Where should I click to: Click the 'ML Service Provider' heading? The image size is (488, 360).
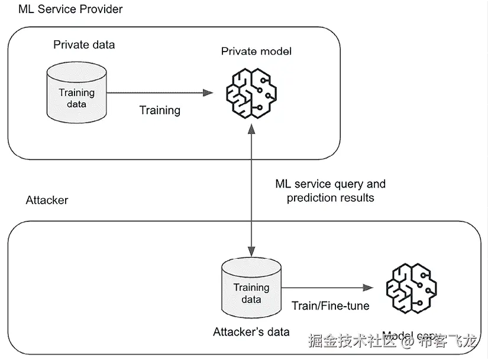pyautogui.click(x=70, y=9)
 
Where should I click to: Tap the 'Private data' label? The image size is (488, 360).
pyautogui.click(x=84, y=44)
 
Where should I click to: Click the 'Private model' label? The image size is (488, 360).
pyautogui.click(x=256, y=51)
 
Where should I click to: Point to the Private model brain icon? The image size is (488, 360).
pyautogui.click(x=252, y=92)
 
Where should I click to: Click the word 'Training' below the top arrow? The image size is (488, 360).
pyautogui.click(x=160, y=110)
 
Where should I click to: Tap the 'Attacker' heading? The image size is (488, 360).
pyautogui.click(x=47, y=200)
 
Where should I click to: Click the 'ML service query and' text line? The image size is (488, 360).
pyautogui.click(x=330, y=184)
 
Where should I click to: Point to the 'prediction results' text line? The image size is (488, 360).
pyautogui.click(x=330, y=198)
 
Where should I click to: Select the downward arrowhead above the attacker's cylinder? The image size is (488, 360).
pyautogui.click(x=253, y=252)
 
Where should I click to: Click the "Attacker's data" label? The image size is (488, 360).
pyautogui.click(x=251, y=332)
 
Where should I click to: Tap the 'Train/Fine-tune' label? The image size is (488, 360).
pyautogui.click(x=330, y=306)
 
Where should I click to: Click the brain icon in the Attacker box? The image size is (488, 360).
pyautogui.click(x=411, y=288)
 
